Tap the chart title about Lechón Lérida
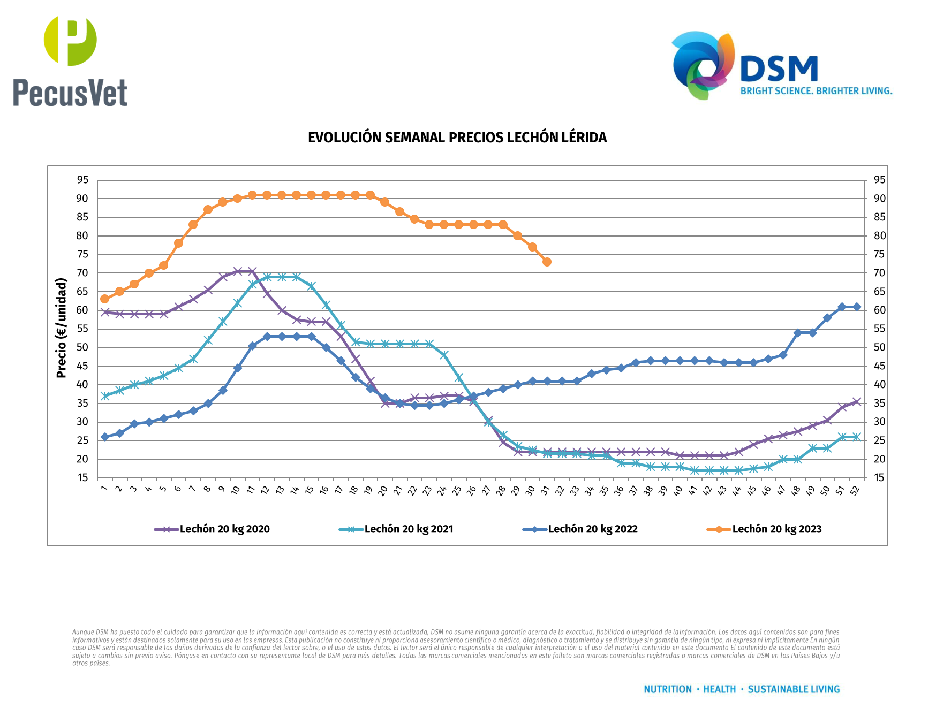[x=457, y=138]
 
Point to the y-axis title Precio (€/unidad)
[x=62, y=328]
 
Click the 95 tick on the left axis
[x=82, y=180]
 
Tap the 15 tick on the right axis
[x=879, y=478]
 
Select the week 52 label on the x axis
[x=855, y=490]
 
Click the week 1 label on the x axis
[x=104, y=488]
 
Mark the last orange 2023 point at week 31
[x=547, y=262]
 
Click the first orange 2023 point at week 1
[x=105, y=299]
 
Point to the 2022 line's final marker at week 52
[x=856, y=307]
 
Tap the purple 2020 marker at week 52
[x=856, y=402]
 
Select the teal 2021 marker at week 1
[x=105, y=396]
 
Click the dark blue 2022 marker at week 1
[x=105, y=437]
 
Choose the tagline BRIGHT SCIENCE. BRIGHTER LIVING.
[x=816, y=91]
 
